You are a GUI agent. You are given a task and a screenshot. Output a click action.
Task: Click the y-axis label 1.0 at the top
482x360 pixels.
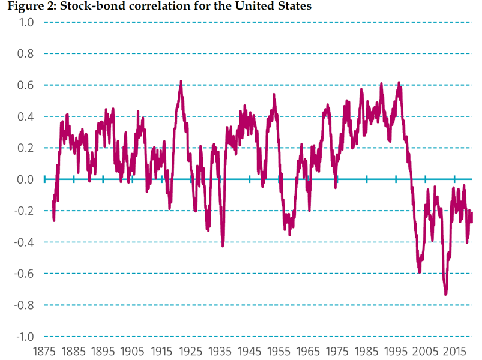tap(26, 22)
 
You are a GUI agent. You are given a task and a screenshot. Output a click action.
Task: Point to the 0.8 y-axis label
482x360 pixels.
tap(26, 54)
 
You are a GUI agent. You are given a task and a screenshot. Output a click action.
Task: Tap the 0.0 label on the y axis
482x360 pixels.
tap(26, 179)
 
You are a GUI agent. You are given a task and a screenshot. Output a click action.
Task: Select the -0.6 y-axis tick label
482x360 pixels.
tap(24, 274)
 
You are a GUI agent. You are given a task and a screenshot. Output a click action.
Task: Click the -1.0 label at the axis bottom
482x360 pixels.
tap(25, 337)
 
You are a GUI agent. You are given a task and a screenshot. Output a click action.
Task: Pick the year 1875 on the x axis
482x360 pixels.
tap(44, 352)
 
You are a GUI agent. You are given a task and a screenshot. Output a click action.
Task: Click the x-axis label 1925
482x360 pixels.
tap(191, 352)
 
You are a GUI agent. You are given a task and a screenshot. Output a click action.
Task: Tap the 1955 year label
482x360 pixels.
tap(279, 352)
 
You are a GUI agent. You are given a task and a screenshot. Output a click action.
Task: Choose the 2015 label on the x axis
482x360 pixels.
tap(454, 352)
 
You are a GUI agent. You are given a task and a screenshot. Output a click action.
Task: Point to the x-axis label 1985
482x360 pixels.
tap(366, 352)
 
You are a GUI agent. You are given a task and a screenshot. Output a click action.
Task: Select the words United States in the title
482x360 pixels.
tap(274, 6)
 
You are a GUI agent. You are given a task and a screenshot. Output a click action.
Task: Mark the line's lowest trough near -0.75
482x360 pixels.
tap(446, 294)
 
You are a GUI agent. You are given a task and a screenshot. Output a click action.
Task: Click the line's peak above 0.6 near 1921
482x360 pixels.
tap(181, 82)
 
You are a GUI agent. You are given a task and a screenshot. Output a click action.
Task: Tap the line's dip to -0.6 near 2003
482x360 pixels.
tap(420, 272)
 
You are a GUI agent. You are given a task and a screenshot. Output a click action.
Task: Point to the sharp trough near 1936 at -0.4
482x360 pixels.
tap(223, 245)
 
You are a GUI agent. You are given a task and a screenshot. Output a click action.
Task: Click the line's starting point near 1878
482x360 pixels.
tap(53, 202)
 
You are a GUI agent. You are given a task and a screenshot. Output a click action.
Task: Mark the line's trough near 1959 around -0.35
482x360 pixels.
tap(289, 235)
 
